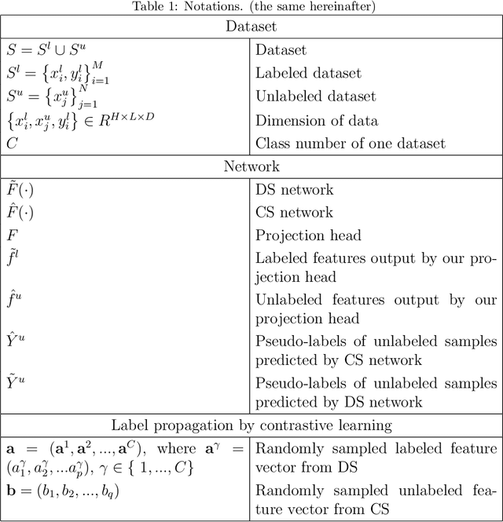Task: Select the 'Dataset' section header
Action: [x=251, y=27]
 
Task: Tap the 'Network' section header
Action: [x=251, y=166]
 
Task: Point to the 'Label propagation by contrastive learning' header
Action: [x=251, y=425]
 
